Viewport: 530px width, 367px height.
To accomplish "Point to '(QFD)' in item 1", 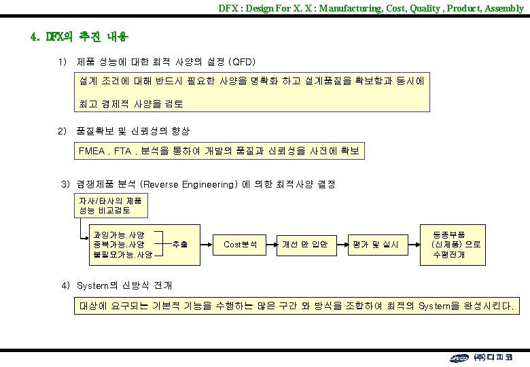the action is (x=242, y=62).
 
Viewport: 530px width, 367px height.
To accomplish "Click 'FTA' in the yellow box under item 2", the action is (x=122, y=150).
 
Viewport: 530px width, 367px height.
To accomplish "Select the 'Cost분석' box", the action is (x=240, y=244).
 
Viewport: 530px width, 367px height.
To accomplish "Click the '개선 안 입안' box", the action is (x=305, y=244).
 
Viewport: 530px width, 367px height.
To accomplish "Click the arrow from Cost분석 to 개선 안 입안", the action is (x=271, y=244).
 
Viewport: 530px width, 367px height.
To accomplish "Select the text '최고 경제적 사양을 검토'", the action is (x=131, y=104).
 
